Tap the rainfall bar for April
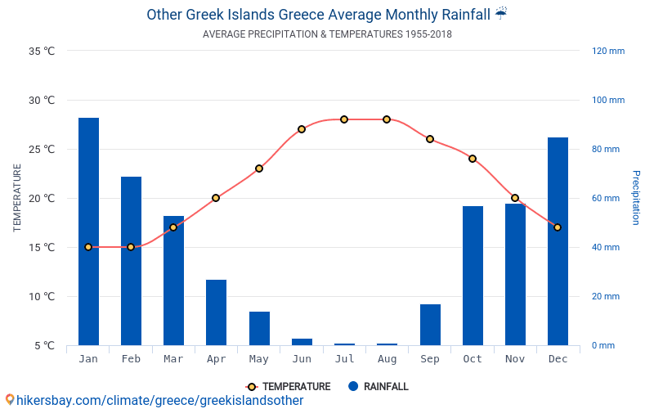[216, 312]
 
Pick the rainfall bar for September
[430, 325]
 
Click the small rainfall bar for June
[302, 342]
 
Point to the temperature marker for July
[344, 119]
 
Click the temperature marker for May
[259, 169]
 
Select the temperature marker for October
[473, 159]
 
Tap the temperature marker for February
[131, 247]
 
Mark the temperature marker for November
[515, 198]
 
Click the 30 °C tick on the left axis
[42, 101]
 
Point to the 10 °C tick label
[42, 297]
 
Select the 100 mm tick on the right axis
[607, 101]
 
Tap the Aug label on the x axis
[387, 359]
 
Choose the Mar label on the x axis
[173, 359]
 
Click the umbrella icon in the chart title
[501, 14]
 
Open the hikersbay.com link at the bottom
[155, 401]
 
